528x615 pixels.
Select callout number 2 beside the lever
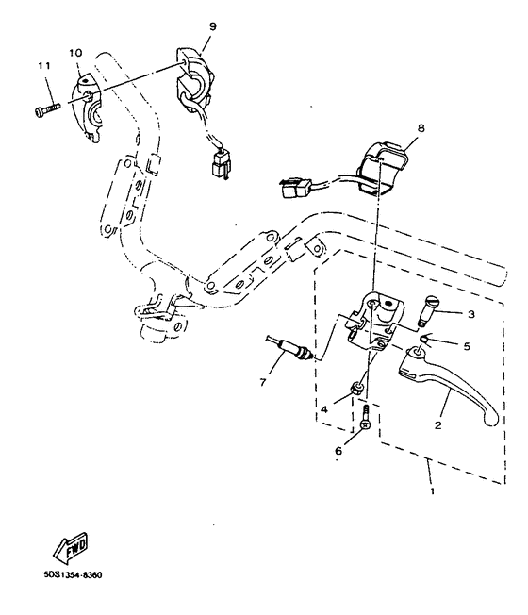pyautogui.click(x=437, y=425)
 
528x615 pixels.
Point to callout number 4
pyautogui.click(x=323, y=409)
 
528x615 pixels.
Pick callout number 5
pyautogui.click(x=466, y=346)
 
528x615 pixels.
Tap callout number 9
pyautogui.click(x=212, y=26)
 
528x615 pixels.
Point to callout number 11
pyautogui.click(x=42, y=65)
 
